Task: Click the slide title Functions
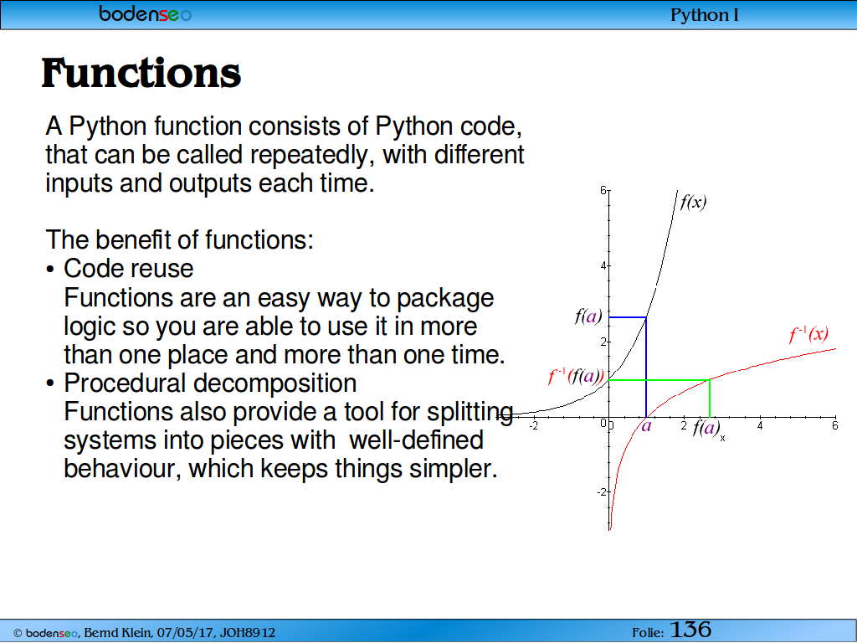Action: [x=141, y=73]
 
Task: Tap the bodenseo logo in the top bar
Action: [x=146, y=13]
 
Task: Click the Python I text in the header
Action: [x=705, y=15]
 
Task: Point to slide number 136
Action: [x=690, y=630]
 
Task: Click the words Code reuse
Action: [x=128, y=269]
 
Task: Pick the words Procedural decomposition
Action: [x=210, y=383]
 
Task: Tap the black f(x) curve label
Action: [x=693, y=203]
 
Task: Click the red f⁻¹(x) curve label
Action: [x=809, y=333]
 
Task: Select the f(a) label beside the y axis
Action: [x=588, y=316]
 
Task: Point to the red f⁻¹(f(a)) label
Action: [x=576, y=376]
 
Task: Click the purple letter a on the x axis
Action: [x=647, y=425]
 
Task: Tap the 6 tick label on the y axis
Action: [x=603, y=190]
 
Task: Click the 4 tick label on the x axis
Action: [x=760, y=425]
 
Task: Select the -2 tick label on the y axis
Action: [x=601, y=491]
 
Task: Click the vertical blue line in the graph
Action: [x=646, y=367]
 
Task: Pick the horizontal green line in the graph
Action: [x=659, y=379]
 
